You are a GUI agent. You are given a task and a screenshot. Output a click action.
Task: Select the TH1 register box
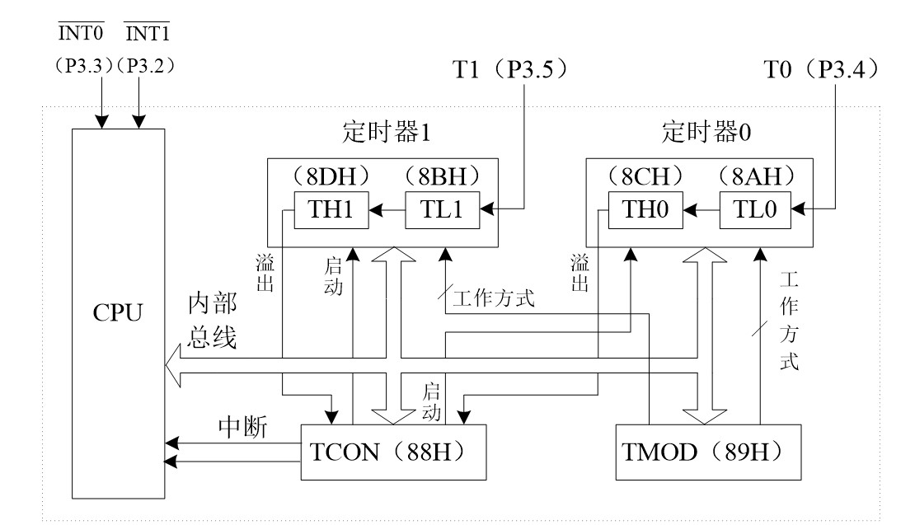[x=330, y=209]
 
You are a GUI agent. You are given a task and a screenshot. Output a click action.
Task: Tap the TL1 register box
[x=443, y=209]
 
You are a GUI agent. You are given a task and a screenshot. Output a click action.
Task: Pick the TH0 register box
[x=646, y=209]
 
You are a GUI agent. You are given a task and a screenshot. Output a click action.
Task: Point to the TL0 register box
[x=756, y=209]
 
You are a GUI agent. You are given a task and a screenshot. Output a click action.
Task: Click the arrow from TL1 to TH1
[x=386, y=209]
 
